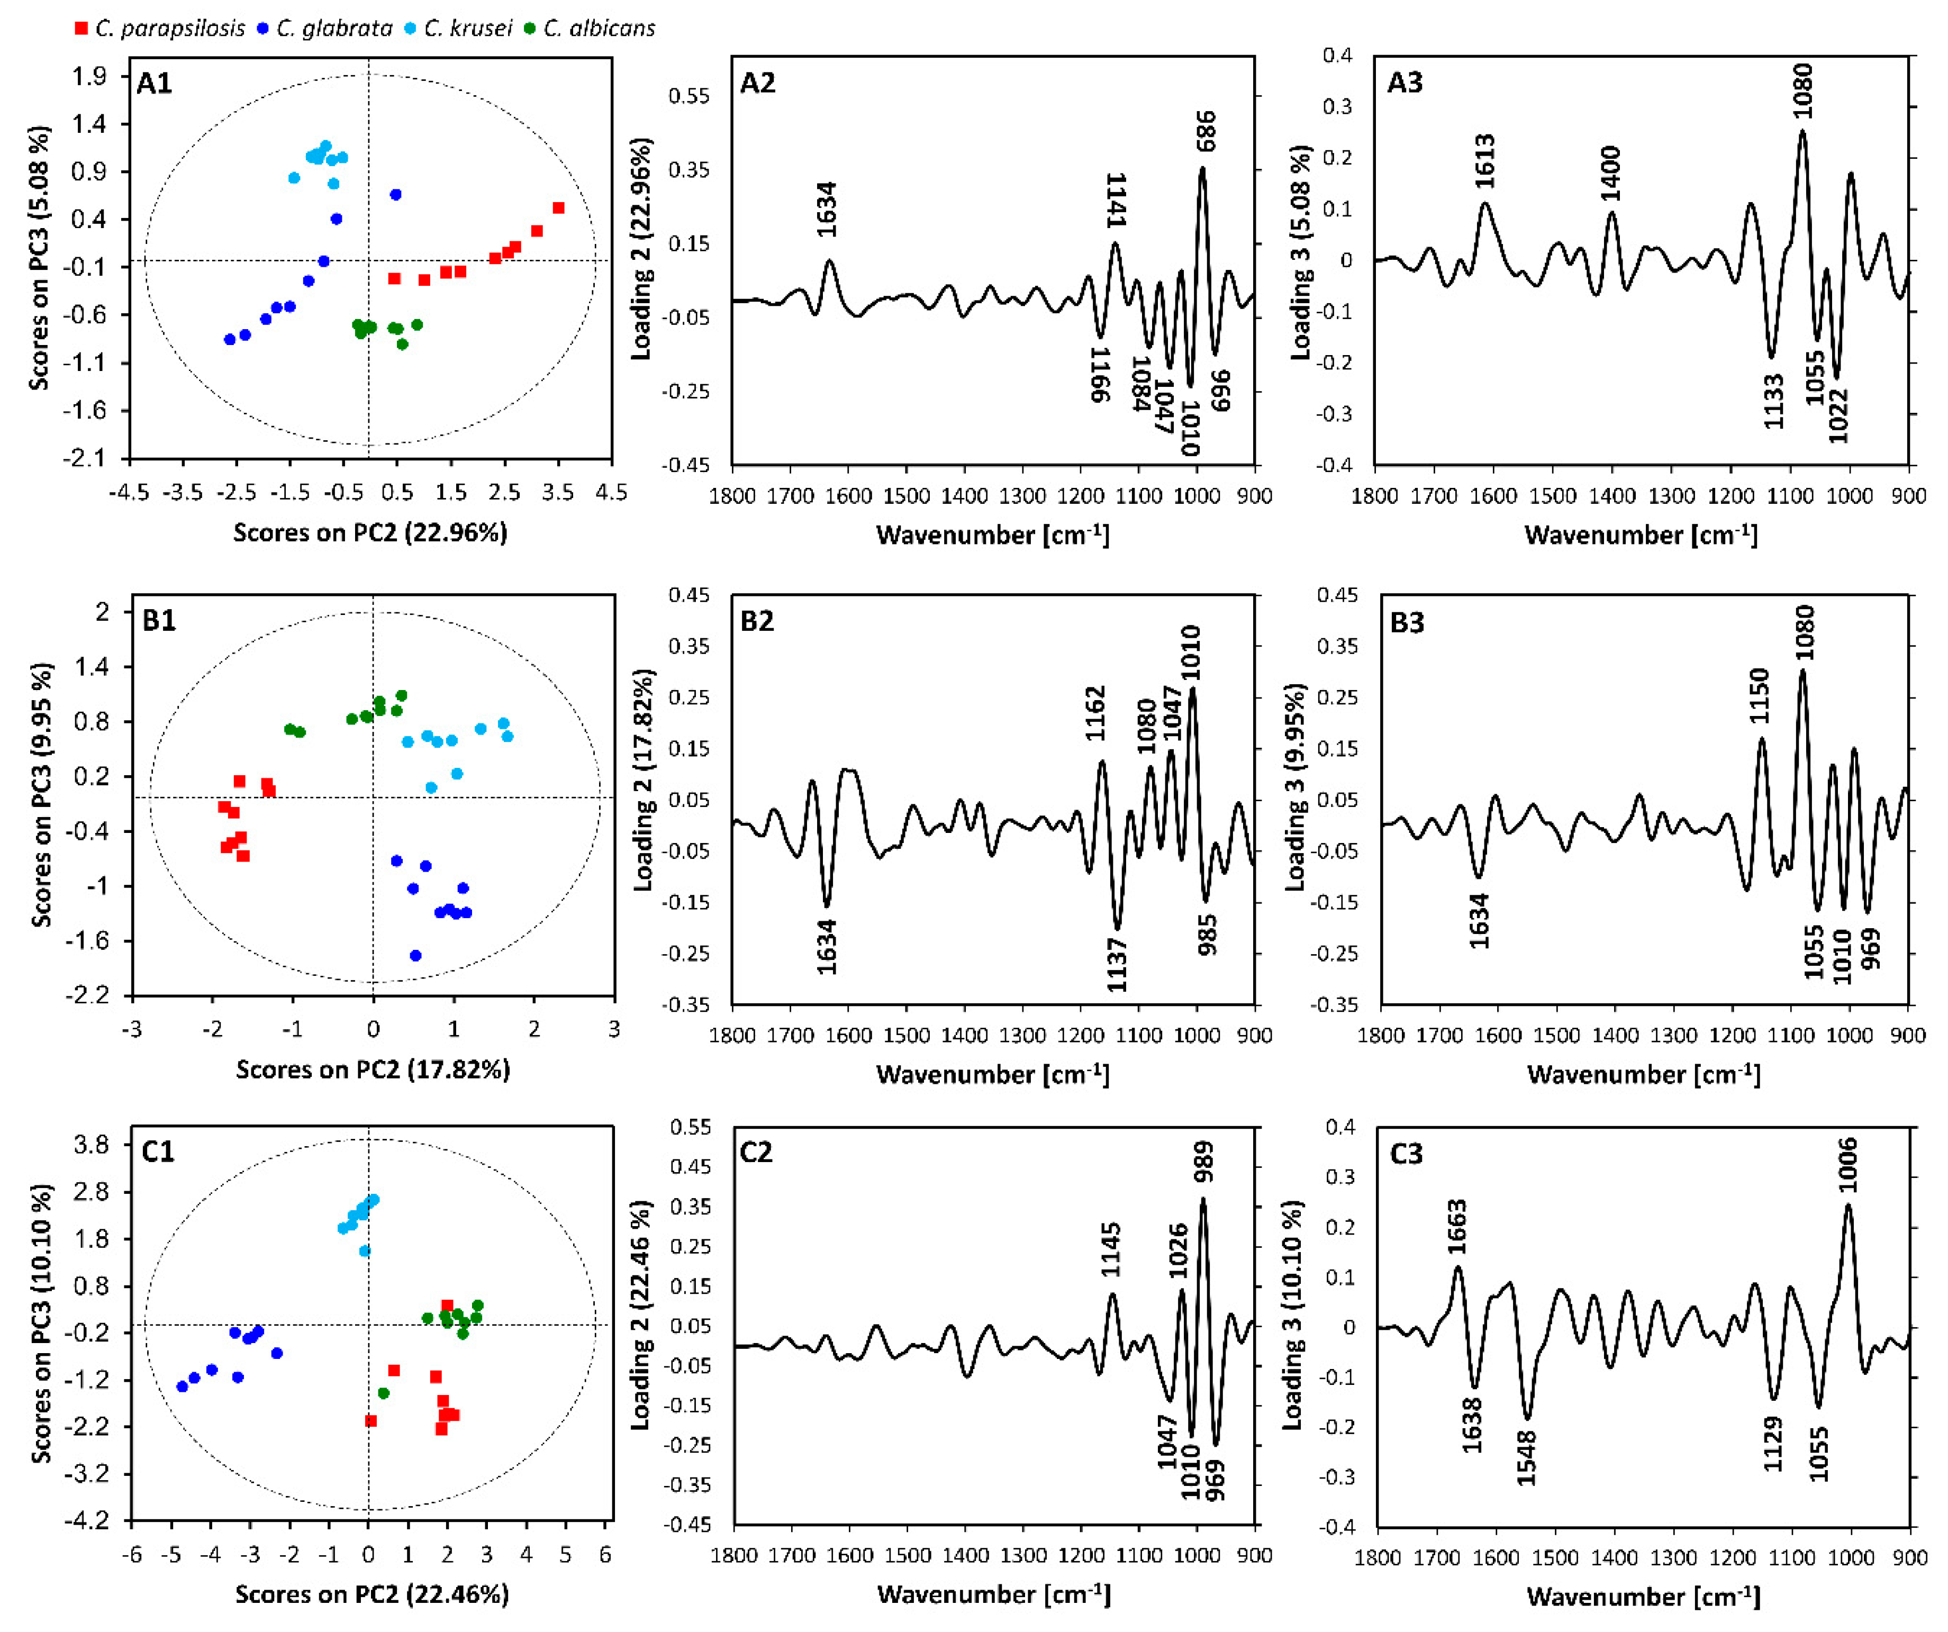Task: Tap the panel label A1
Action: (155, 84)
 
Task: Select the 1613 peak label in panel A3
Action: (1484, 161)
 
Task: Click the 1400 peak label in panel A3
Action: (1610, 174)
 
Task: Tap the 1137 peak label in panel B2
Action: (1117, 964)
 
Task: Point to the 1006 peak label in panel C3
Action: (1848, 1164)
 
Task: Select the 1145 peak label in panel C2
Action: (1111, 1250)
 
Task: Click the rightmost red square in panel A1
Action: (558, 208)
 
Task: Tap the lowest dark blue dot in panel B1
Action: (415, 955)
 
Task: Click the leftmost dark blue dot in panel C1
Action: (182, 1386)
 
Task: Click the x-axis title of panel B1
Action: (372, 1070)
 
